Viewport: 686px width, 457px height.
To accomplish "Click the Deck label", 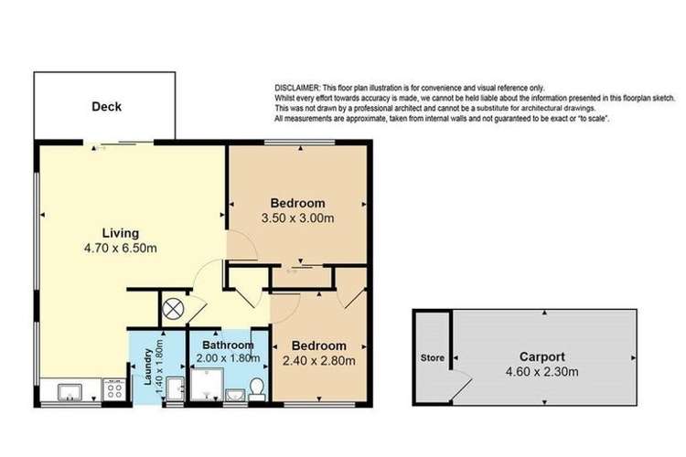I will [x=106, y=107].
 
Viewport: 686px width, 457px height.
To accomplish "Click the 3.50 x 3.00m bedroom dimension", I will [x=298, y=220].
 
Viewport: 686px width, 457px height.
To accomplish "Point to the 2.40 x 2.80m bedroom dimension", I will [x=319, y=363].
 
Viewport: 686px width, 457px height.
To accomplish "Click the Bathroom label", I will [x=228, y=345].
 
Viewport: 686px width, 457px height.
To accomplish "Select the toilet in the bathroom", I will [x=258, y=388].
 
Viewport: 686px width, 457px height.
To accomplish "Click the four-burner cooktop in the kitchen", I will [x=113, y=391].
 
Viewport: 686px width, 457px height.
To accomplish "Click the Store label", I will [x=431, y=357].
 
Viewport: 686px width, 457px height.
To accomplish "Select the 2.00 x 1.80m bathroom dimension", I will [x=228, y=359].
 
